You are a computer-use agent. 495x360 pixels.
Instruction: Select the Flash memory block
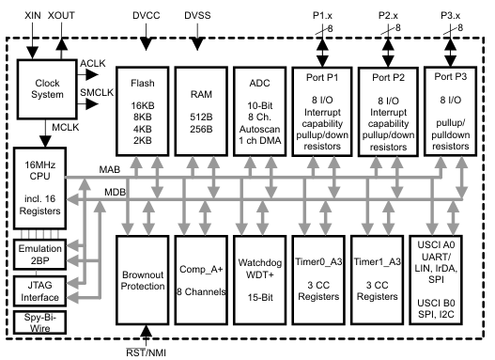(x=142, y=109)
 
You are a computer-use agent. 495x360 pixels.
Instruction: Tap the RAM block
(x=202, y=109)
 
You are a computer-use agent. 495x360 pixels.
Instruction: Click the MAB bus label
(x=109, y=169)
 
